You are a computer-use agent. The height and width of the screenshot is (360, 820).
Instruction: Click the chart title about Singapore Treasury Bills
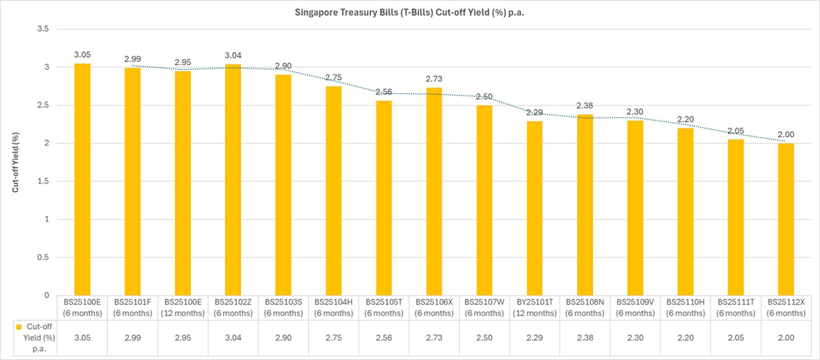tap(409, 12)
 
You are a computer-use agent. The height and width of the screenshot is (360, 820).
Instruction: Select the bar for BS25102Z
tap(233, 180)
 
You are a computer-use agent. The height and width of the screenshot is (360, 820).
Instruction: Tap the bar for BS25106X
tap(434, 192)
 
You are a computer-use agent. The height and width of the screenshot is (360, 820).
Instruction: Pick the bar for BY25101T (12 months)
tap(535, 208)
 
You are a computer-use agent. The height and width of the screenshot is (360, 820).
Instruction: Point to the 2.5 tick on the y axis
tap(44, 105)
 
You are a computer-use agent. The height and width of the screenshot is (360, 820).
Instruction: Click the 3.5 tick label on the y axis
tap(43, 29)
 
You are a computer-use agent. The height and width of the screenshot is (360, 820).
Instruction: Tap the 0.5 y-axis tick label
tap(43, 257)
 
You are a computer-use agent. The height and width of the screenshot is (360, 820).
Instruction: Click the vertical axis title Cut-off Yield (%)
tap(16, 162)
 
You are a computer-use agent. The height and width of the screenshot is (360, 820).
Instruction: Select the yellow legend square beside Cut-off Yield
tap(18, 327)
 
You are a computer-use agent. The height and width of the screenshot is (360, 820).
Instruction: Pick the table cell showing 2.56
tap(384, 338)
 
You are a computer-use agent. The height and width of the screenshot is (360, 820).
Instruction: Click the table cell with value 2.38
tap(585, 338)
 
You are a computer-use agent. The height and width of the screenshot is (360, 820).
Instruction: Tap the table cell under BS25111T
tap(736, 338)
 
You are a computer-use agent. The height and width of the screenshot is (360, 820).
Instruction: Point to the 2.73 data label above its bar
tap(434, 79)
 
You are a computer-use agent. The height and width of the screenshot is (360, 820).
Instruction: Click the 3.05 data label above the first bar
tap(82, 55)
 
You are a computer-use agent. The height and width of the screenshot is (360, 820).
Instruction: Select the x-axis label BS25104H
tap(334, 307)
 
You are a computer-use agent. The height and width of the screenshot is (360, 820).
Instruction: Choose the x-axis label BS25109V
tap(635, 307)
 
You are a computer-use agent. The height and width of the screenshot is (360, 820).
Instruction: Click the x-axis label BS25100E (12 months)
tap(183, 307)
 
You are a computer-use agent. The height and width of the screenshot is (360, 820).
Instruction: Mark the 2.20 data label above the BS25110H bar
tap(685, 119)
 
